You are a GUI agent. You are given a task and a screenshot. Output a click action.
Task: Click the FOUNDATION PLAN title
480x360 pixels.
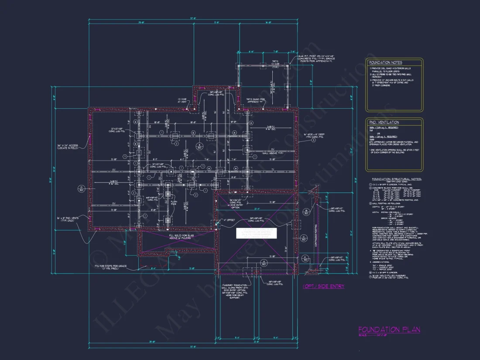[x=389, y=330]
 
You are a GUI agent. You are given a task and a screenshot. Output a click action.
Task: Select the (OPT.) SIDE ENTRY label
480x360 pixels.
[x=323, y=286]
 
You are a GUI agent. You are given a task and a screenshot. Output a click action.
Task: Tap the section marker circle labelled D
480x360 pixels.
[x=81, y=189]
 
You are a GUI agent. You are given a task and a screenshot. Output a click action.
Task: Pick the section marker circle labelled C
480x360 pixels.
[x=303, y=238]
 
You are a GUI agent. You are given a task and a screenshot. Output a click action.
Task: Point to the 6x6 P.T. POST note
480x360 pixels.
[x=317, y=58]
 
